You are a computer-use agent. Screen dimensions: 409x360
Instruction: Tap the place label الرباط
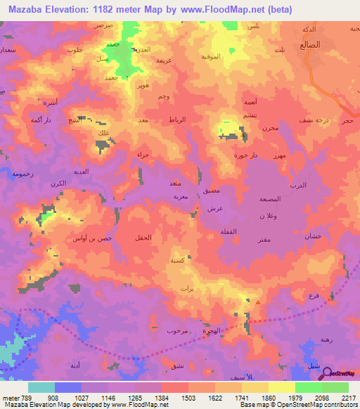click(178, 120)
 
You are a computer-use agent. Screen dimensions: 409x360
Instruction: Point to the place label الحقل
click(143, 239)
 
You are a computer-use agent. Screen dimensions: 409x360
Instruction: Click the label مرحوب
click(177, 330)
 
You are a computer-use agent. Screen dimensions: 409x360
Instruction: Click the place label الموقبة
click(212, 56)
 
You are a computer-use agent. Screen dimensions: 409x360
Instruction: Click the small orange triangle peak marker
click(258, 303)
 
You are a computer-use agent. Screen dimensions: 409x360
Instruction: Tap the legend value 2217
click(349, 397)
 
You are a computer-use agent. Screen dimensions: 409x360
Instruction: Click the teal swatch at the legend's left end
click(41, 387)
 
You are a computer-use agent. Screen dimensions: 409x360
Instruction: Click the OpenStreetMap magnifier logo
click(326, 373)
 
